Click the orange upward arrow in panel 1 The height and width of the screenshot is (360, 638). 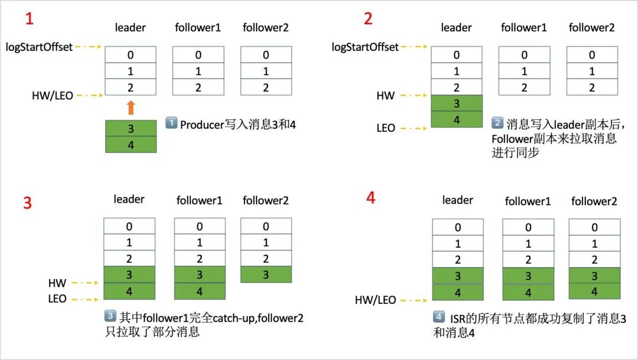(x=131, y=108)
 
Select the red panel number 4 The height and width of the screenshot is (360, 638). (x=370, y=197)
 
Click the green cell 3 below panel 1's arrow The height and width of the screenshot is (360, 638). (x=131, y=128)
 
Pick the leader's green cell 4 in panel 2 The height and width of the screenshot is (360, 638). (x=457, y=119)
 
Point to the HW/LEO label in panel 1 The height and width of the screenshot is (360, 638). (x=53, y=95)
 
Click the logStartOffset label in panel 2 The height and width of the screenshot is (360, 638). (x=365, y=47)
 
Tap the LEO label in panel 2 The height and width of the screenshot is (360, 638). (x=385, y=128)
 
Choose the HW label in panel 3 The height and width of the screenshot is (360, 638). (x=57, y=283)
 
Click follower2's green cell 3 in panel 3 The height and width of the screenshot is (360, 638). (x=266, y=274)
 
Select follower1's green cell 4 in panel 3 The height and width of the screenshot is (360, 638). (x=200, y=291)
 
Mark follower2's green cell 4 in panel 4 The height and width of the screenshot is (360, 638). (x=594, y=291)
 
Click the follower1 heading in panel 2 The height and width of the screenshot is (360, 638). (x=524, y=28)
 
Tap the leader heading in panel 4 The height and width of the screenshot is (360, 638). (x=457, y=200)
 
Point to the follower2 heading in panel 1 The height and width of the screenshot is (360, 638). (x=266, y=28)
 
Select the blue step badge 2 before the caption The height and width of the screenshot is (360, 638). (x=497, y=124)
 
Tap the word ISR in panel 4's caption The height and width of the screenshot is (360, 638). (x=459, y=319)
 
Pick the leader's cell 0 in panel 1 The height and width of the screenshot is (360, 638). (x=131, y=55)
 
